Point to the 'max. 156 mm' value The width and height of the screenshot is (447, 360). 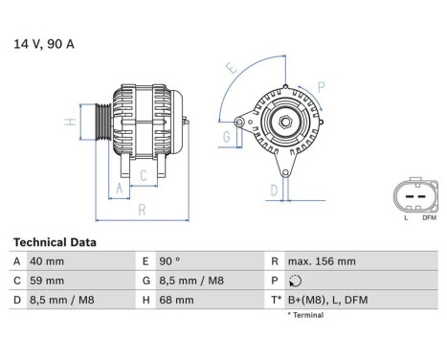323,261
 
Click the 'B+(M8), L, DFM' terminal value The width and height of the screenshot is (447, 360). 327,301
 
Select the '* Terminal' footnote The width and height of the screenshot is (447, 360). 305,315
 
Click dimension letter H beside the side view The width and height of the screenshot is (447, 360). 70,123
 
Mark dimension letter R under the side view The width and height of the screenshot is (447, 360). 141,208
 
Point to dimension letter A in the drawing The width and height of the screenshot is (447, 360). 120,189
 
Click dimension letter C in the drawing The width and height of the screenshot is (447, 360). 142,175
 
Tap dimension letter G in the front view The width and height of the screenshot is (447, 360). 226,137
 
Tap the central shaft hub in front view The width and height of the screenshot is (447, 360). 284,122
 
